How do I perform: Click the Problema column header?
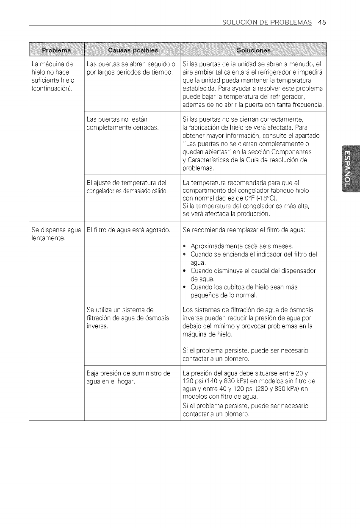[57, 51]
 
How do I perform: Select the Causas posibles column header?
[133, 51]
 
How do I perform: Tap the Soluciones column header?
[253, 51]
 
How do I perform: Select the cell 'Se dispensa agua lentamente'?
[56, 234]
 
